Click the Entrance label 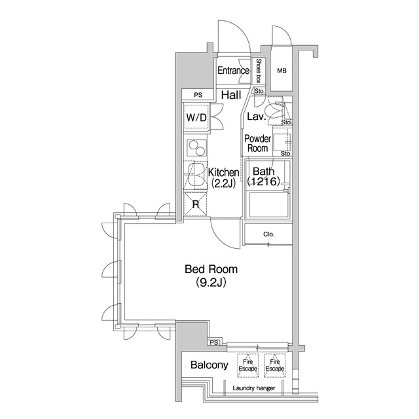(x=233, y=71)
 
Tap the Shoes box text (x=259, y=71)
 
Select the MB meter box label (x=282, y=71)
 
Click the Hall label (x=231, y=95)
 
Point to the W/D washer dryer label (x=196, y=117)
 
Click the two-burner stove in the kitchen (x=197, y=148)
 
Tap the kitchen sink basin (x=195, y=175)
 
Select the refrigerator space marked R (x=196, y=204)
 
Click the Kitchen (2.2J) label (x=223, y=177)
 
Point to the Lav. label (x=256, y=117)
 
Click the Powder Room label (x=257, y=143)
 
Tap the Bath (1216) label (x=263, y=176)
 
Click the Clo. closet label (x=268, y=234)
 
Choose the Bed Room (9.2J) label (x=211, y=276)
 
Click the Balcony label (x=209, y=365)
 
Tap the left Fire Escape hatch (x=248, y=365)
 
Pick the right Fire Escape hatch (x=275, y=365)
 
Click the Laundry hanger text (x=254, y=388)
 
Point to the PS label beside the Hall (x=198, y=95)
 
